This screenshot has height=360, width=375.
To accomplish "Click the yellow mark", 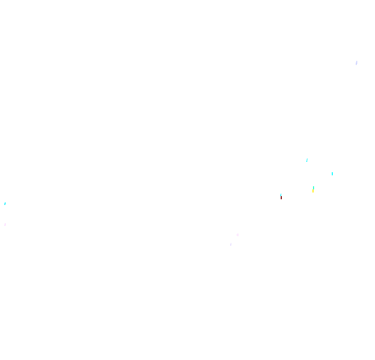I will click(312, 191).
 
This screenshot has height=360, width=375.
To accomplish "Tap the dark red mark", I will click(281, 198).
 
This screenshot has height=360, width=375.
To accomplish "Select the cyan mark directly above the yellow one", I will click(314, 188).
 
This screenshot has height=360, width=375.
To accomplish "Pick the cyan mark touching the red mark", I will click(281, 195).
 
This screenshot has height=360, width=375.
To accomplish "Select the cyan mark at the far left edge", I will click(5, 203).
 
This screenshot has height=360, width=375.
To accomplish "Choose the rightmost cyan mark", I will click(332, 174).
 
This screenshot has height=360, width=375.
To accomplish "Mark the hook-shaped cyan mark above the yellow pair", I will click(307, 160).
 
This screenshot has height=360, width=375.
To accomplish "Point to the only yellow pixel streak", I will click(312, 191).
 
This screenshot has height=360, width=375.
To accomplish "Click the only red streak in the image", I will click(281, 198).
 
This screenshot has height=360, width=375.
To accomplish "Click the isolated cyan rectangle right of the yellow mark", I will click(332, 174).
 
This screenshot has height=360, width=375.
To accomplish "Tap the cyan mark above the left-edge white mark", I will click(5, 203).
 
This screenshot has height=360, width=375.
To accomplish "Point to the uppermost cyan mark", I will click(307, 160).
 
